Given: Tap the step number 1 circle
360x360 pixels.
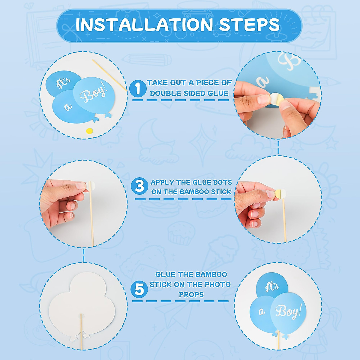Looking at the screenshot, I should coord(138,88).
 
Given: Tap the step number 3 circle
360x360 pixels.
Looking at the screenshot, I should coord(139,186).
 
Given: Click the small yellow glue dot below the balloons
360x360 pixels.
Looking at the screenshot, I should coord(89,130).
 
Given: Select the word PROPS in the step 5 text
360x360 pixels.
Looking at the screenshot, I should coord(191,295).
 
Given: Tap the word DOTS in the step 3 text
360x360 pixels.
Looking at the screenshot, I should coord(222,182).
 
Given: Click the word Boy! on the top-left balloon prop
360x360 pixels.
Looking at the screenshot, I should coord(93,94).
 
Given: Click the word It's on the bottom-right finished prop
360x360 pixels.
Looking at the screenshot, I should coord(272,287).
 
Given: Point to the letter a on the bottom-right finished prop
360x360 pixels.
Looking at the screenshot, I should coord(262,312).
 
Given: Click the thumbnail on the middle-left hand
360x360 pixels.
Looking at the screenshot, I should coord(80,186).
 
